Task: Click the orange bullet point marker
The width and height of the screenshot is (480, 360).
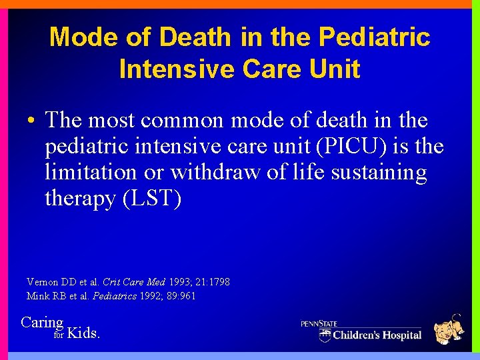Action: click(31, 121)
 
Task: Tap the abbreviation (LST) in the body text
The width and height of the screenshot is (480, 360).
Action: click(152, 198)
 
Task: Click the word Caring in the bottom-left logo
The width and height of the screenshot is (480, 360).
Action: click(42, 323)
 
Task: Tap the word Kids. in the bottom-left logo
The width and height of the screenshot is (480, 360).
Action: click(85, 333)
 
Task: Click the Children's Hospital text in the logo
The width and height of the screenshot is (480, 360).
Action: click(377, 335)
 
